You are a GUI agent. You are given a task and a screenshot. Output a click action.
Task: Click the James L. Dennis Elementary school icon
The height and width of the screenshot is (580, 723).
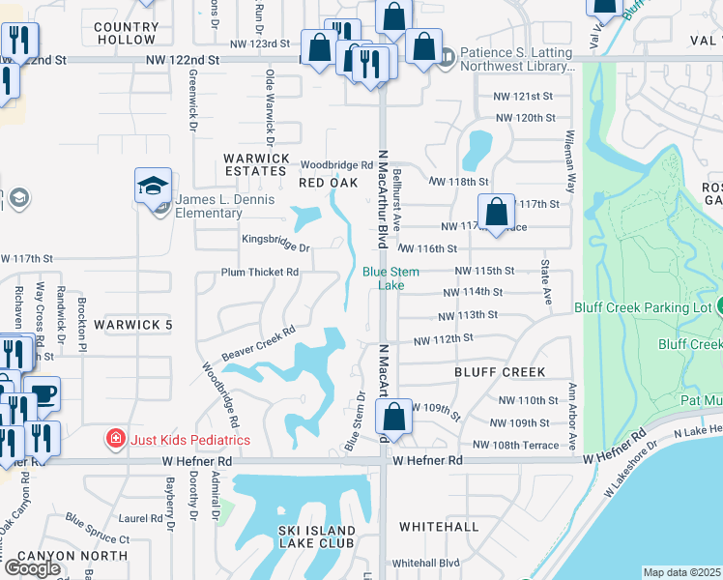154,185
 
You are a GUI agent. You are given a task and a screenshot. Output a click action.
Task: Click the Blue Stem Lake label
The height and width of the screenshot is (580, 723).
390,278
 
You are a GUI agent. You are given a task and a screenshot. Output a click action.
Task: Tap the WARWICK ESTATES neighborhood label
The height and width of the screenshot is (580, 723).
256,164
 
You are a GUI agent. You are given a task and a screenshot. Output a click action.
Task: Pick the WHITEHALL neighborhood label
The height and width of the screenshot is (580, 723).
440,527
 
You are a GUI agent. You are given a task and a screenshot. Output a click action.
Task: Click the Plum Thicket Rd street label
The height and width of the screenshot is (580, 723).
259,273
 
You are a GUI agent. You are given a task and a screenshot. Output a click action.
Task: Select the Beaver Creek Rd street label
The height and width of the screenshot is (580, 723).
257,343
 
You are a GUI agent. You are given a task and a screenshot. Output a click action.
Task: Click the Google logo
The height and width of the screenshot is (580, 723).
32,567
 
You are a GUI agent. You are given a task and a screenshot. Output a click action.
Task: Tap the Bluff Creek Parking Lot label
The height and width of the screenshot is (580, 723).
643,307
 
